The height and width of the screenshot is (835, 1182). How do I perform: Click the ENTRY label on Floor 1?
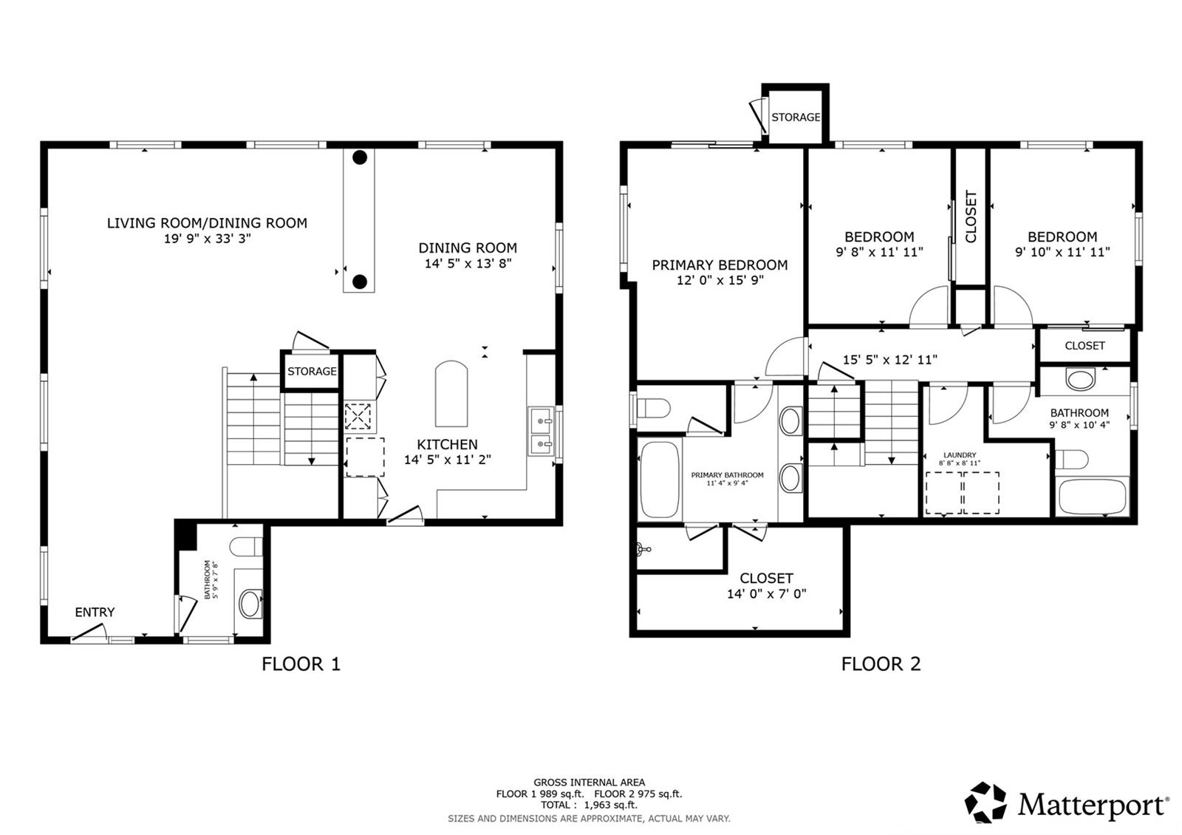click(x=95, y=613)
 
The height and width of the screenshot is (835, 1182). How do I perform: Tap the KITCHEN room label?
click(x=448, y=444)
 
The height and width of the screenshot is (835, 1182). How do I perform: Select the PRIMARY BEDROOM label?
click(x=720, y=265)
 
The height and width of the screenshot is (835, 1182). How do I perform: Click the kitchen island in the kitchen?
click(x=451, y=394)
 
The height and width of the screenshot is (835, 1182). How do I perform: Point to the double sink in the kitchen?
click(x=542, y=432)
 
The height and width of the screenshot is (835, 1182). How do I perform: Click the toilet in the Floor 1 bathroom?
click(x=246, y=546)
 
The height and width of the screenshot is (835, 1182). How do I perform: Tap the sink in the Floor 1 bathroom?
click(x=250, y=604)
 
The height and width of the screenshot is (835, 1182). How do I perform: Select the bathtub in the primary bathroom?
click(x=658, y=480)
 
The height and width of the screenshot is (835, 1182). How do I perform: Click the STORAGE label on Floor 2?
click(x=796, y=117)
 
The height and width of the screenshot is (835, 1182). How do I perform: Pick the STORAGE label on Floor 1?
click(x=312, y=372)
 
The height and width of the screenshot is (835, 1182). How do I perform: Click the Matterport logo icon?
click(x=985, y=802)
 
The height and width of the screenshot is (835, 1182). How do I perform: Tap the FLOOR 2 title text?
click(x=881, y=664)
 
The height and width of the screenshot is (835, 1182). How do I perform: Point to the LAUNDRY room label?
click(x=960, y=455)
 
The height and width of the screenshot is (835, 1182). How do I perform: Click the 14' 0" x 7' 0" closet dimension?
click(x=767, y=594)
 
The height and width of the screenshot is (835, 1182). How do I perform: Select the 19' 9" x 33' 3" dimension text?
click(x=208, y=239)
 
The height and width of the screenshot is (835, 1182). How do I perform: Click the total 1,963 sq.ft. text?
click(x=610, y=805)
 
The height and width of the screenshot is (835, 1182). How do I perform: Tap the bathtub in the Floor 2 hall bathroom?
click(x=1092, y=496)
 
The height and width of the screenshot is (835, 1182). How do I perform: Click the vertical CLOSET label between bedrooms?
click(x=971, y=217)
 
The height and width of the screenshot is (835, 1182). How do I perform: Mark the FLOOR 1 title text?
click(x=301, y=664)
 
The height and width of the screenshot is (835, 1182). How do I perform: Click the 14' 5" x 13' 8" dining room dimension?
click(x=468, y=263)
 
